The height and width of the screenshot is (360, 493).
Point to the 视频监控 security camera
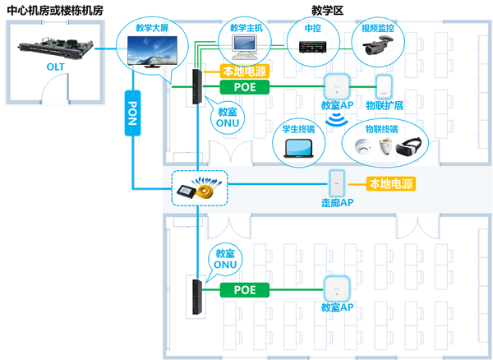pyautogui.click(x=379, y=47)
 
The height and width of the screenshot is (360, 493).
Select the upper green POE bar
pyautogui.click(x=246, y=85)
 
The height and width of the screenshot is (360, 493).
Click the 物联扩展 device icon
pyautogui.click(x=382, y=86)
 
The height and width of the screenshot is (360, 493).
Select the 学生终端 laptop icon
pyautogui.click(x=299, y=147)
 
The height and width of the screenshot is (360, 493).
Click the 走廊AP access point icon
pyautogui.click(x=336, y=182)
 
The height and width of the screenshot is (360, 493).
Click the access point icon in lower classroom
pyautogui.click(x=334, y=289)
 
